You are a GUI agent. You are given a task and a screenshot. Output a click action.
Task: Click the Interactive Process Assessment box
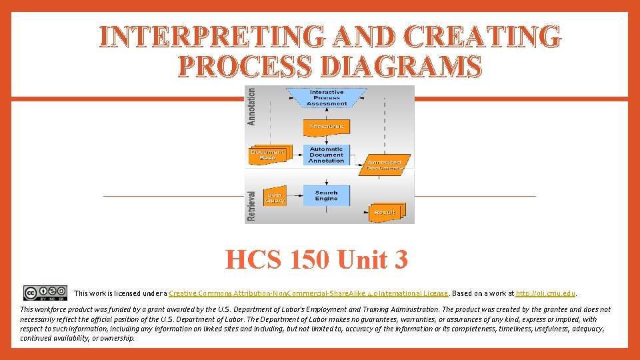[327, 97]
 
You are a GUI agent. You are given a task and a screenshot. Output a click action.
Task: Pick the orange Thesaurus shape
[326, 126]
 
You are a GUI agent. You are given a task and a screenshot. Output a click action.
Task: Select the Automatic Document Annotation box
[326, 155]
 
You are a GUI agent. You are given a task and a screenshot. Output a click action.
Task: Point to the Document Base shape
[267, 155]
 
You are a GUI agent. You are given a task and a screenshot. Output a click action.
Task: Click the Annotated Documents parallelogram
[385, 165]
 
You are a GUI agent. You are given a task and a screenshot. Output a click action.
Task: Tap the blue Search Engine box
[326, 195]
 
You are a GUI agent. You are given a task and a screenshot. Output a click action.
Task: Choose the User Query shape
[274, 197]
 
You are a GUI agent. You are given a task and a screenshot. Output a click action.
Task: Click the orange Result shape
[385, 212]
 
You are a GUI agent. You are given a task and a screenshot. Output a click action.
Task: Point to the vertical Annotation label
[251, 106]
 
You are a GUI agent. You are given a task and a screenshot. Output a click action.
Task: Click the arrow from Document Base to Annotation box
[295, 155]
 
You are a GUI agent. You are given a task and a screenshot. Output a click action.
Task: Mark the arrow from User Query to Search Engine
[295, 196]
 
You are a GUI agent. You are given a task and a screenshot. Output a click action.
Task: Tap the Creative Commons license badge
[45, 293]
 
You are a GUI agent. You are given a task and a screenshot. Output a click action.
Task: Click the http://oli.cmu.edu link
[545, 293]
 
